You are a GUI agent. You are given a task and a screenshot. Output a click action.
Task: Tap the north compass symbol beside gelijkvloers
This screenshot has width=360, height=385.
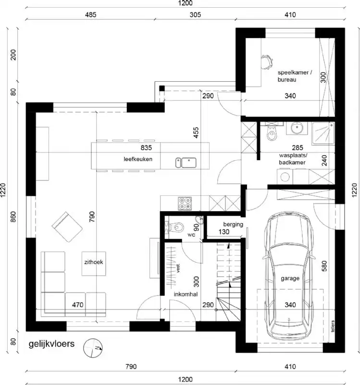93,347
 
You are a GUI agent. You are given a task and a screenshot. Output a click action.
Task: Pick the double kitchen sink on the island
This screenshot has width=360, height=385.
187,162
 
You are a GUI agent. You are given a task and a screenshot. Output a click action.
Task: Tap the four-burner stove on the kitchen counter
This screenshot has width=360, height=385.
185,204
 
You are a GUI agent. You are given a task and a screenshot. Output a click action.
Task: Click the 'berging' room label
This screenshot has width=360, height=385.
233,224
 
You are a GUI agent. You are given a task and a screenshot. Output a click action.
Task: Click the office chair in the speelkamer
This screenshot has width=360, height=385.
264,61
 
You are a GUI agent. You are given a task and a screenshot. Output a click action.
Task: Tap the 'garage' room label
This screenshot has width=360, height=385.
290,278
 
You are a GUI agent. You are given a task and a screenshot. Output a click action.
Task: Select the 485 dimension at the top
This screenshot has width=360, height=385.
90,15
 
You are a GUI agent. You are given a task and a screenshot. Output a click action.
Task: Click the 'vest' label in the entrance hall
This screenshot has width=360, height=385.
178,269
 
